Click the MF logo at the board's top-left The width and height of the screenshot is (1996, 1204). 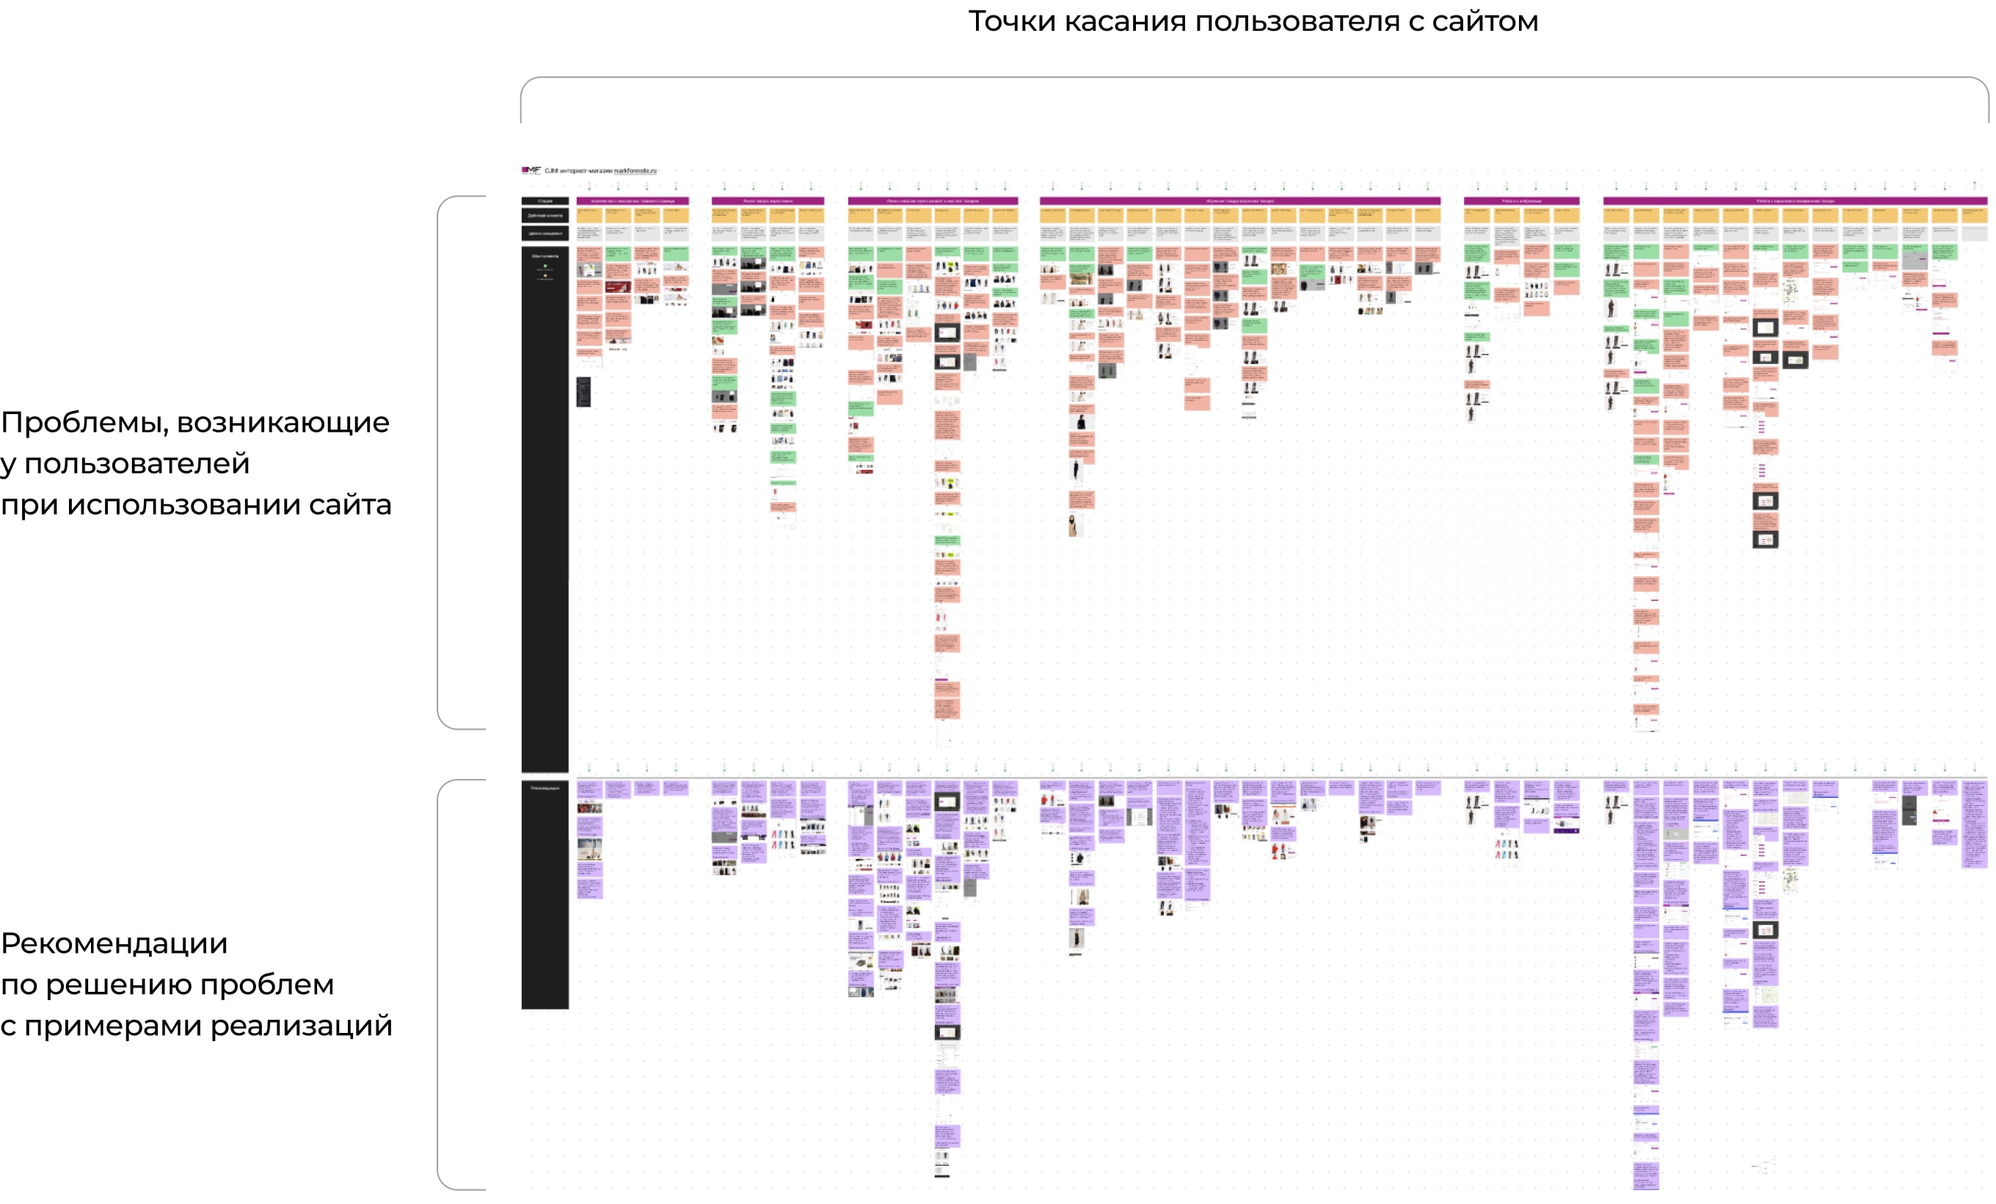531,170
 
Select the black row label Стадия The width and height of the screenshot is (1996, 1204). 545,201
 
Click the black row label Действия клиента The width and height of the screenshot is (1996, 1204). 545,216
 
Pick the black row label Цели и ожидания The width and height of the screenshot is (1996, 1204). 545,233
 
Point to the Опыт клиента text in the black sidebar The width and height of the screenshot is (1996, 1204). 545,256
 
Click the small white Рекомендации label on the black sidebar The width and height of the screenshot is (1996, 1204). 545,788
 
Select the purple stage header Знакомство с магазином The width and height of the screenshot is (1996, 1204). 633,201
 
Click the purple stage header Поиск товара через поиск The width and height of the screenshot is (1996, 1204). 768,201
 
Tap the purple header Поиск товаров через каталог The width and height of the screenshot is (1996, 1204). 933,201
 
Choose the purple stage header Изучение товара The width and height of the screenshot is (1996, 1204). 1239,201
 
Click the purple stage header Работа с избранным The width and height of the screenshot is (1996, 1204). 1521,201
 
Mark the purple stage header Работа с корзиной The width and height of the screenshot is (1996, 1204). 1795,201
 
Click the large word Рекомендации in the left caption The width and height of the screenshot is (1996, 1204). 114,943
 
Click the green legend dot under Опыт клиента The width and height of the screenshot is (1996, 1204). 545,266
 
